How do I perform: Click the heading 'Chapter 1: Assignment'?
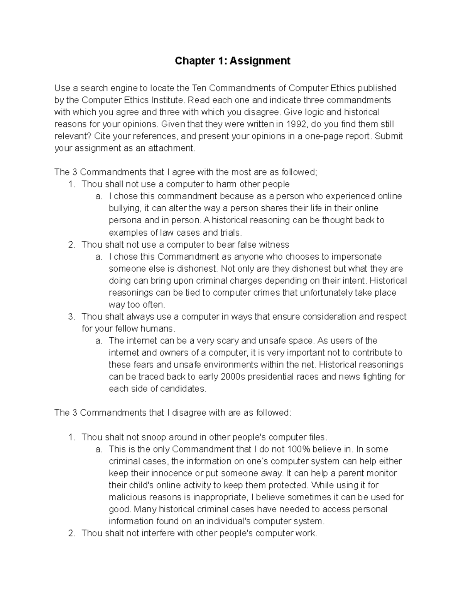coord(232,61)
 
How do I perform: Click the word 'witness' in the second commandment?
coord(274,245)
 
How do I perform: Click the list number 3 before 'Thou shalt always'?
coord(71,317)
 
